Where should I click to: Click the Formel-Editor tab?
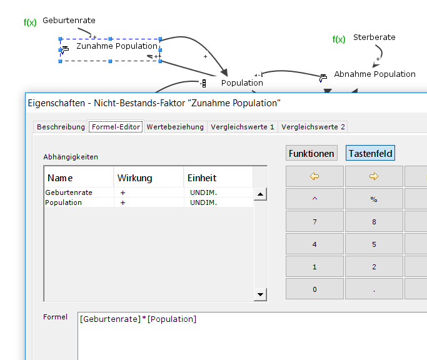(116, 127)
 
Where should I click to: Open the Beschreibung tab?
(61, 127)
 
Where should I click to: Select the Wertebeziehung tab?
(175, 127)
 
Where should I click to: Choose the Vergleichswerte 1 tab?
(243, 127)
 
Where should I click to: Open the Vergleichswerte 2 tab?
(313, 127)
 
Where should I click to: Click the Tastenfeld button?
(371, 153)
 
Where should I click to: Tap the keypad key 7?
(314, 221)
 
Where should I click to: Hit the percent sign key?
(374, 199)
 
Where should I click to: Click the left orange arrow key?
(314, 176)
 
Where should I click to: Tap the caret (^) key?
(314, 199)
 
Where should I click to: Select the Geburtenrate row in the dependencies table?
(69, 192)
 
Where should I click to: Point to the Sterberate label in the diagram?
(374, 37)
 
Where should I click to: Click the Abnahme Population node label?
(374, 74)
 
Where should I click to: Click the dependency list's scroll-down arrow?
(261, 295)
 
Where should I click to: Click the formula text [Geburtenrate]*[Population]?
(138, 319)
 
